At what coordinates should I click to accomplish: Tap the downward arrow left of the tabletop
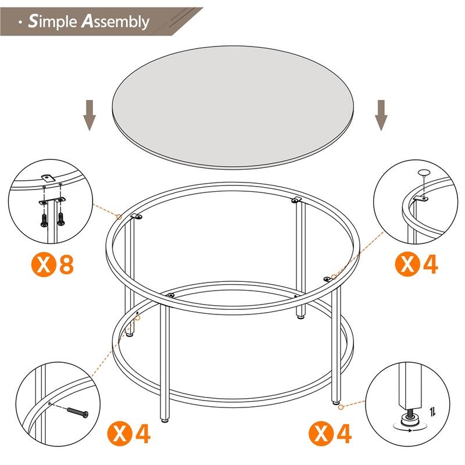point(89,115)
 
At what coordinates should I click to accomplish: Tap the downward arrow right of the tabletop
point(381,115)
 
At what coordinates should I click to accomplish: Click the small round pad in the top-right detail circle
point(423,173)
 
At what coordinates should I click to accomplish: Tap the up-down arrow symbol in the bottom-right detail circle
point(433,412)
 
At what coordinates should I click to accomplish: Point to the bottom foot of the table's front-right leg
point(335,401)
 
